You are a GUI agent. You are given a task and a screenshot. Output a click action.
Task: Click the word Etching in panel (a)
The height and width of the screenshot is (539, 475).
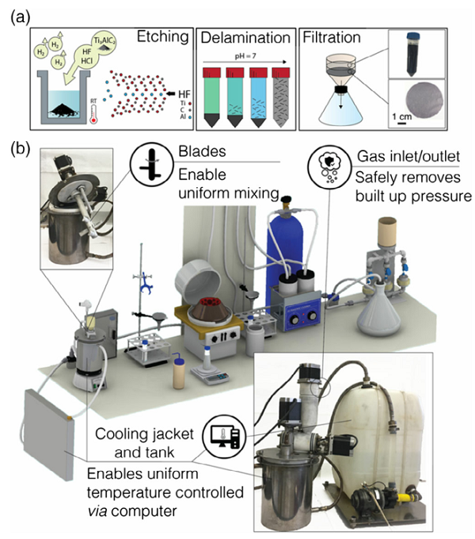click(162, 36)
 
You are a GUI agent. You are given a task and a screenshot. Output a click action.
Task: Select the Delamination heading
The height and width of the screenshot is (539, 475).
click(245, 37)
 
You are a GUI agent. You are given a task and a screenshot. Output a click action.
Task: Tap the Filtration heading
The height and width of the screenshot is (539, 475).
click(332, 37)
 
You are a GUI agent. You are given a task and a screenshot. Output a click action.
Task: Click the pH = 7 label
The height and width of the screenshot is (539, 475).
click(245, 55)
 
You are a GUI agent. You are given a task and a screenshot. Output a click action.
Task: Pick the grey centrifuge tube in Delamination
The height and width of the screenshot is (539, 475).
click(281, 97)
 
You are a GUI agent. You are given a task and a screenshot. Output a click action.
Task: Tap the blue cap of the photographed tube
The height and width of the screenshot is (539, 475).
click(412, 36)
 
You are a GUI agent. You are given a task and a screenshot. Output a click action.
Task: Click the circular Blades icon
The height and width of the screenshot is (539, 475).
click(151, 165)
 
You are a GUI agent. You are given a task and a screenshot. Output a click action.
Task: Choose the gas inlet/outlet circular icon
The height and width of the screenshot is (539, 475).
click(329, 168)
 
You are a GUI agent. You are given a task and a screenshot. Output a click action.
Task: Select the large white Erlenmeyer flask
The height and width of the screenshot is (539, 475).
click(378, 308)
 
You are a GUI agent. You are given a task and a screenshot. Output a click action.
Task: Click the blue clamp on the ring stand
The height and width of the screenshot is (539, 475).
click(146, 281)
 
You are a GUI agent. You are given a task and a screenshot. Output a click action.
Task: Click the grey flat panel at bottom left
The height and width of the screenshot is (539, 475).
click(48, 434)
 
